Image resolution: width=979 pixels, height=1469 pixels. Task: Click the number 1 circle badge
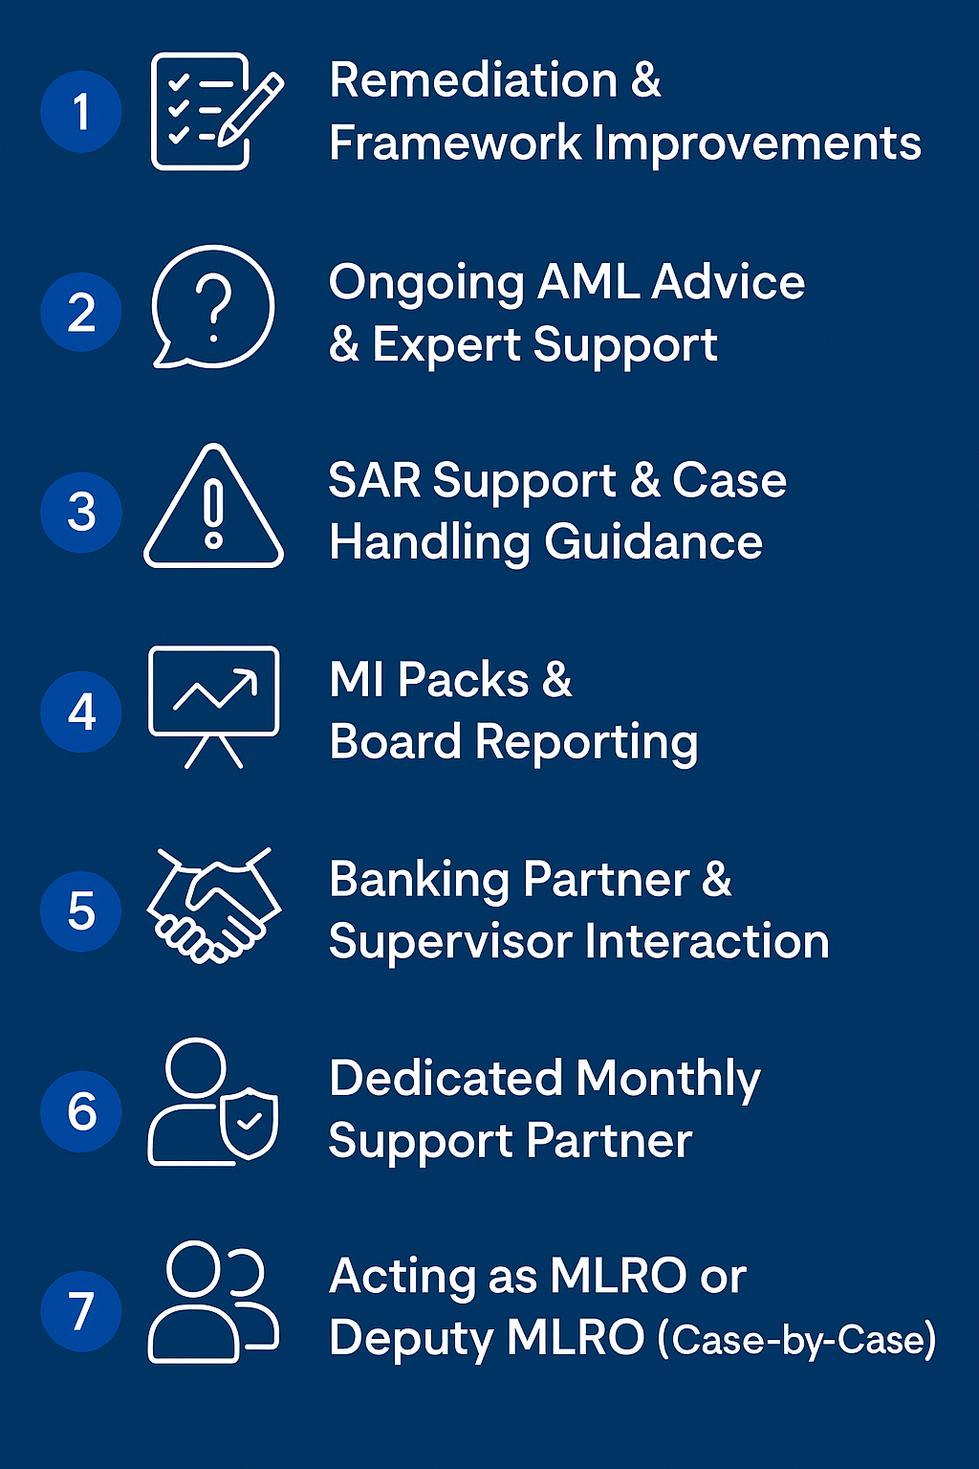81,112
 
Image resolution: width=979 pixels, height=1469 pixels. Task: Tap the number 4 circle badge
81,712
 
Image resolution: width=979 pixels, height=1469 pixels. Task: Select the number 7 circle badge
81,1310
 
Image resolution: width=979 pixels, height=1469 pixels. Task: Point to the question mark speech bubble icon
213,307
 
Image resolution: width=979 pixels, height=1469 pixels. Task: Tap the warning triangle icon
213,508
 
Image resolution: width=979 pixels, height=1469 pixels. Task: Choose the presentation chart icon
213,706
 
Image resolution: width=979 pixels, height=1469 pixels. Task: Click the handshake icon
213,906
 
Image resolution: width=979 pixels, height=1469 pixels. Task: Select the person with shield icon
212,1103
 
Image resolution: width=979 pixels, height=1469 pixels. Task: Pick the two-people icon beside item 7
212,1302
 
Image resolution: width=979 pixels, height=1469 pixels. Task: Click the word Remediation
473,80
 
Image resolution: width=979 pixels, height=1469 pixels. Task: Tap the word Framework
455,143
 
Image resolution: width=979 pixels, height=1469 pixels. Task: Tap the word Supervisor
450,943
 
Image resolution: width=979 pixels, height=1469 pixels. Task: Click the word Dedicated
446,1079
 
